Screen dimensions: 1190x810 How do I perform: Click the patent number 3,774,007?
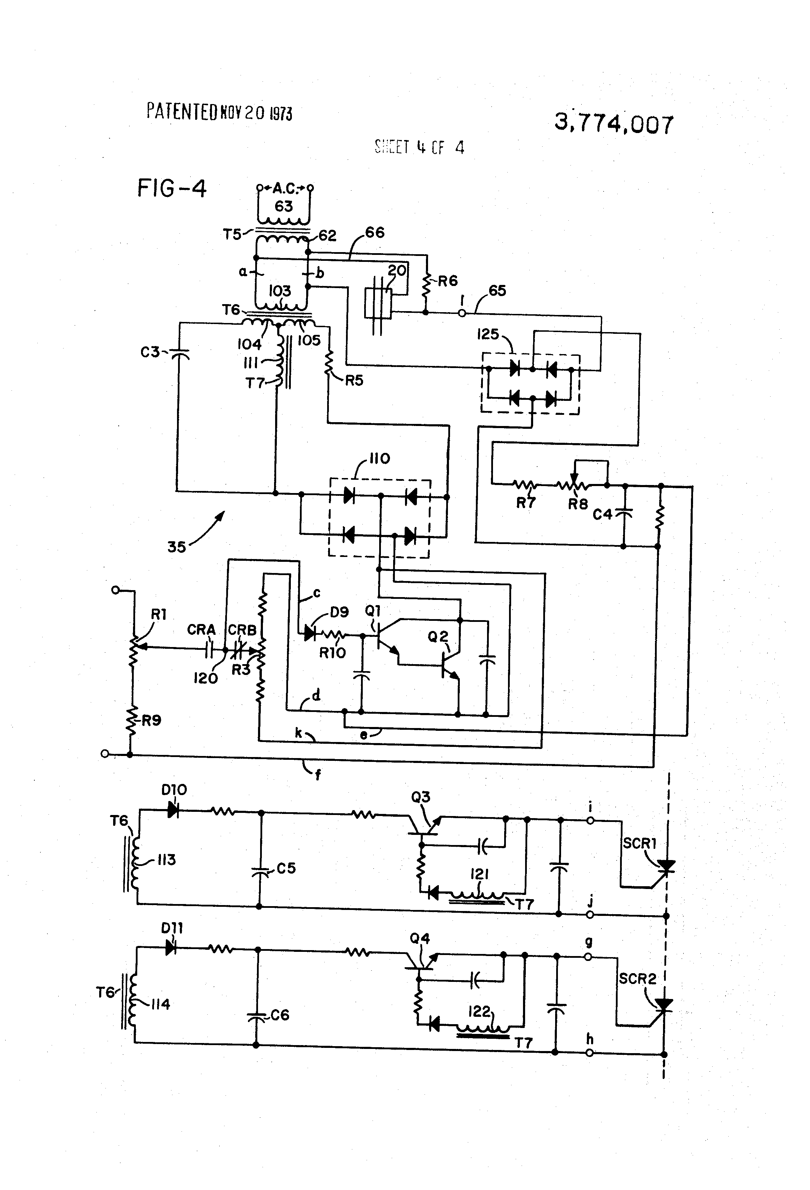(613, 124)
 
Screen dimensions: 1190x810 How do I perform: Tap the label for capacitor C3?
(150, 352)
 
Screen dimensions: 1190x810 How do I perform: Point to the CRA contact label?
(201, 629)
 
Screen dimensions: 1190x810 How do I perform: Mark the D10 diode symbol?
(173, 811)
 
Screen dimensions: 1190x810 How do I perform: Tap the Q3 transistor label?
(420, 797)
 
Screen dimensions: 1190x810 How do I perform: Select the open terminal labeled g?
(589, 956)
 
